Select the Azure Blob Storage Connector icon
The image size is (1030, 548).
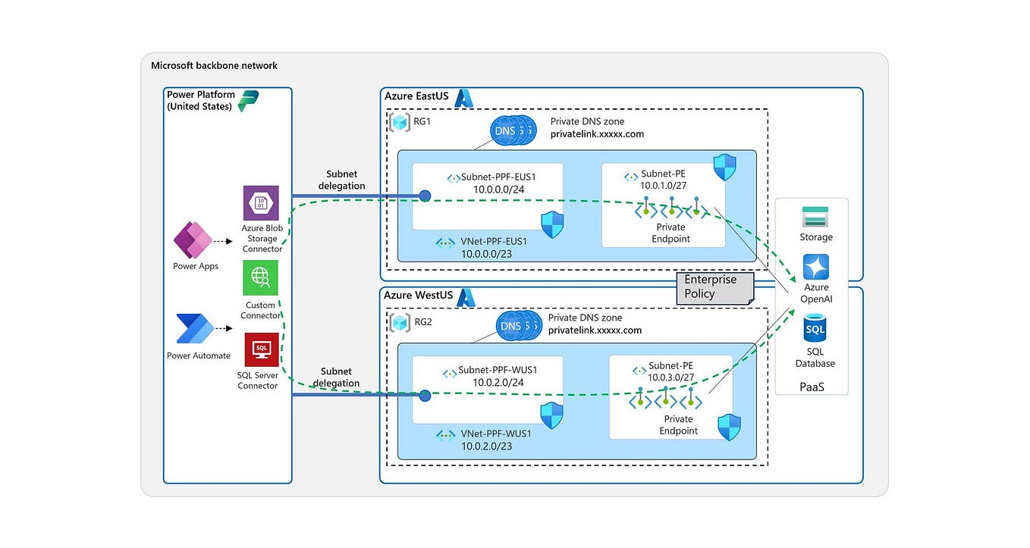point(261,203)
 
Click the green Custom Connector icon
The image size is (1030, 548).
point(261,278)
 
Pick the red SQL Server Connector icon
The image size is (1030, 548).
point(261,349)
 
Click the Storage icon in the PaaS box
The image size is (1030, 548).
point(815,217)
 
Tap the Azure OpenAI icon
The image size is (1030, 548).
point(815,267)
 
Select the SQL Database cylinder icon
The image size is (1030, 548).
point(815,330)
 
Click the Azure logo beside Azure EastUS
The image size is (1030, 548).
point(463,97)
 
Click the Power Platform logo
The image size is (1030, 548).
point(248,101)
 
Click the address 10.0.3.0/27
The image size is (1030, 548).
point(670,377)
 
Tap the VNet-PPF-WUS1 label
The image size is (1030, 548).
point(495,434)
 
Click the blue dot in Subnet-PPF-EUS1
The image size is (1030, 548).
point(426,196)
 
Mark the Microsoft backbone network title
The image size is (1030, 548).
point(215,66)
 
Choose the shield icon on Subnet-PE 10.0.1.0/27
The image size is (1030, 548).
point(725,168)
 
